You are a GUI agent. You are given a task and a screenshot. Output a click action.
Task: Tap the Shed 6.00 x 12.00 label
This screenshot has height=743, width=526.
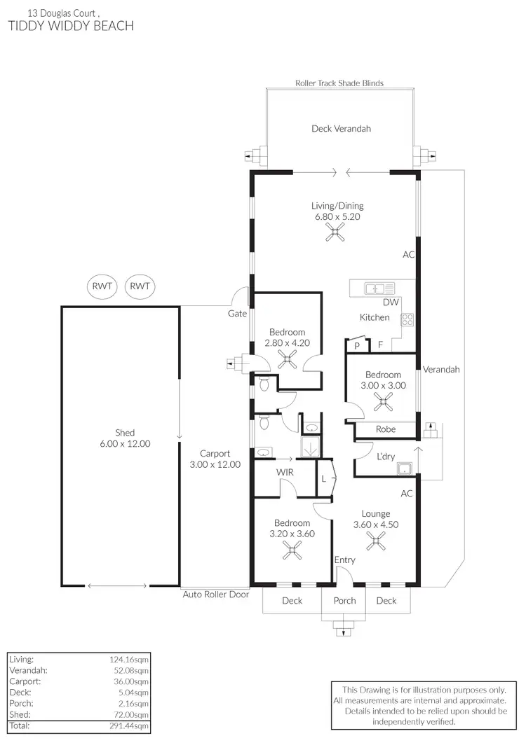tap(125, 438)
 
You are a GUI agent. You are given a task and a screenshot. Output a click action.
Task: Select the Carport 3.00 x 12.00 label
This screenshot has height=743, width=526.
tap(215, 459)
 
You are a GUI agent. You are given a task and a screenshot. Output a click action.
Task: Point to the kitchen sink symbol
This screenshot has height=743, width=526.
tap(379, 288)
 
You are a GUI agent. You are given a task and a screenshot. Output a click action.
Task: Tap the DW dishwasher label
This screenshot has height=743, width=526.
tap(391, 303)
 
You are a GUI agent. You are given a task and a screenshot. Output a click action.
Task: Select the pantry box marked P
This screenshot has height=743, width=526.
tap(356, 346)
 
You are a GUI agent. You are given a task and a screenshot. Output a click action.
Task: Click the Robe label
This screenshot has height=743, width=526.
tap(386, 429)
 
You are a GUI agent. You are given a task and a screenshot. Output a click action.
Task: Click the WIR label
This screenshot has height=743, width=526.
tap(284, 473)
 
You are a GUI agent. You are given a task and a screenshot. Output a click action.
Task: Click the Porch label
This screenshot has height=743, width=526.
tap(344, 600)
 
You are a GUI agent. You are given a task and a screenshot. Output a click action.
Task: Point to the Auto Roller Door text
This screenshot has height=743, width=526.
tap(216, 595)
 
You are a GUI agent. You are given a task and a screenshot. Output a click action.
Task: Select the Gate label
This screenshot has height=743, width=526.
tap(237, 313)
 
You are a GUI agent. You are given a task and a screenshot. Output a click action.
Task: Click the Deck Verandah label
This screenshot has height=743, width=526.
tap(341, 129)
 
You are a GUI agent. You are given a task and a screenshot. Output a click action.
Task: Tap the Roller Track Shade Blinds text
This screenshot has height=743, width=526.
tap(339, 83)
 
